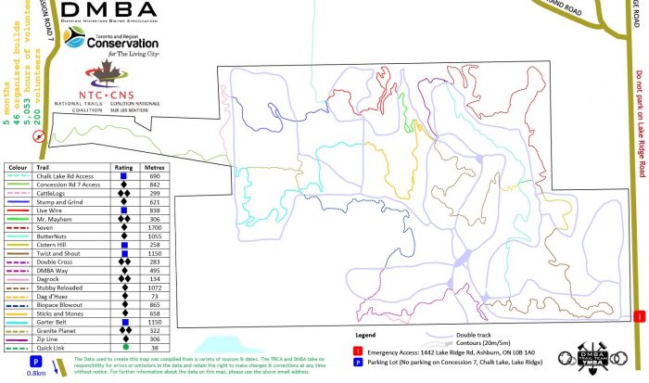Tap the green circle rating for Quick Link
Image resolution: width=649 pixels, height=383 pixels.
pos(123,348)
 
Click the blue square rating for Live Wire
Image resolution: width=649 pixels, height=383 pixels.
pos(123,211)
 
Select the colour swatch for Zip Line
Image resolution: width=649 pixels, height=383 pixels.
pos(18,339)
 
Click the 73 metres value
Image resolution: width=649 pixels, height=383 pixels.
pos(155,296)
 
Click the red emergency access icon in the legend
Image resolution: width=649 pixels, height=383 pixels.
pos(357,350)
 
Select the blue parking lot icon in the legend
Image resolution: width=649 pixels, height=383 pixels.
pos(357,362)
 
